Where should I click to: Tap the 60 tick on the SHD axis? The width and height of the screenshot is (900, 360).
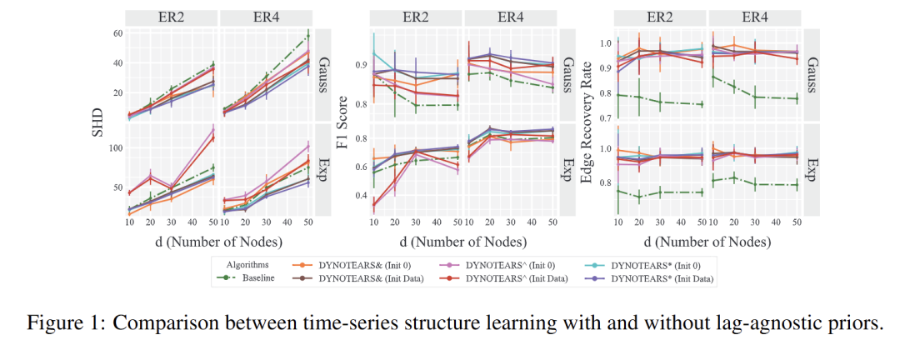[117, 33]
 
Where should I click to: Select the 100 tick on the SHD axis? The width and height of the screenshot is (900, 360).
[116, 147]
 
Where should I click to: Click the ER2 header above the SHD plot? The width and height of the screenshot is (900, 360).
[172, 16]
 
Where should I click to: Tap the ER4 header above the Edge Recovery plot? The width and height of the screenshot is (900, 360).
[753, 16]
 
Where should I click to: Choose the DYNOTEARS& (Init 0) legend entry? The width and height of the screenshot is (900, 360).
[363, 265]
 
